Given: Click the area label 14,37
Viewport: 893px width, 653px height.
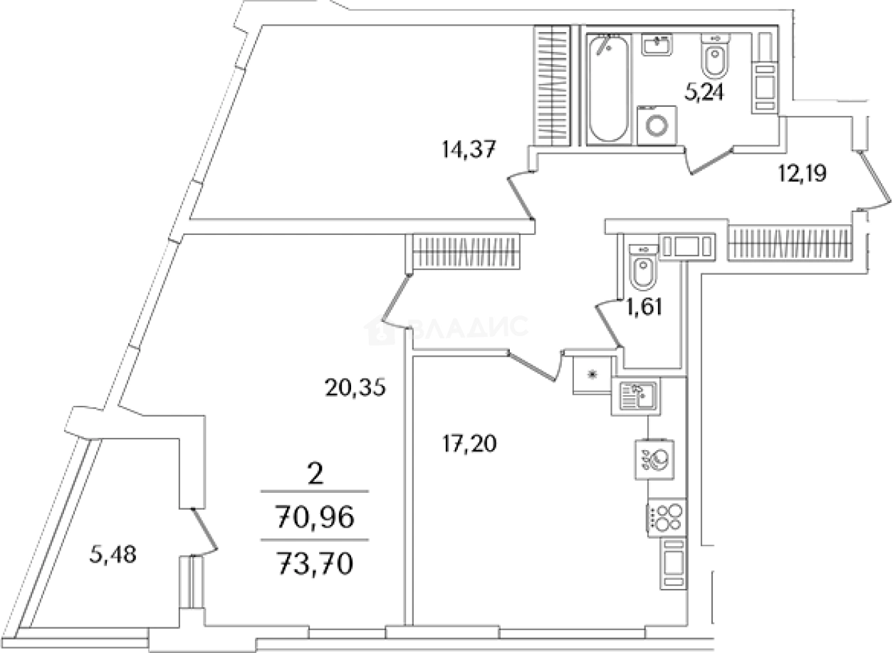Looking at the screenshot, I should point(468,150).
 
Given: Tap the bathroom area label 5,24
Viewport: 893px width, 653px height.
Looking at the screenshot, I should point(704,93).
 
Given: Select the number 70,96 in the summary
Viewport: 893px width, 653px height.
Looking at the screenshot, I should point(315,518).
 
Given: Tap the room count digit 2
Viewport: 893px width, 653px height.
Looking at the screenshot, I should point(314,473).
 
